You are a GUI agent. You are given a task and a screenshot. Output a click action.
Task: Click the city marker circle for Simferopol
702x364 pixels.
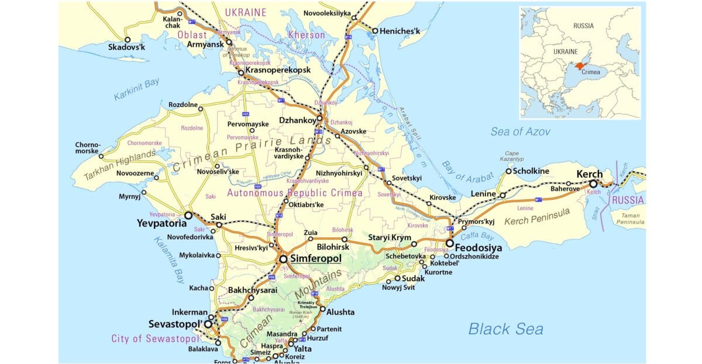point(283,258)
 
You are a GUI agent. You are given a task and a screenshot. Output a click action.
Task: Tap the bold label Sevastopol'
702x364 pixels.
point(175,323)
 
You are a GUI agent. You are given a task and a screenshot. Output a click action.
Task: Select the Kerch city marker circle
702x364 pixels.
point(593,183)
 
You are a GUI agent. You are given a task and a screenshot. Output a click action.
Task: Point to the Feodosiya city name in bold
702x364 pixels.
point(479,247)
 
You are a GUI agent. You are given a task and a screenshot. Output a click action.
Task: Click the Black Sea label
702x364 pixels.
point(505,329)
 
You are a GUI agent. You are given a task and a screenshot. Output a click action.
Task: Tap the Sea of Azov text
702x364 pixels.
point(520,132)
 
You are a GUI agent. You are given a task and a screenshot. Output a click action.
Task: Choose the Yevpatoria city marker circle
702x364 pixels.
point(188,215)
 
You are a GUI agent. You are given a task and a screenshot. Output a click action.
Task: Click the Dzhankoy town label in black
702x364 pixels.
point(298,120)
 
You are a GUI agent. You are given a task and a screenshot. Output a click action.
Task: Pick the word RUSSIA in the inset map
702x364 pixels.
point(583,26)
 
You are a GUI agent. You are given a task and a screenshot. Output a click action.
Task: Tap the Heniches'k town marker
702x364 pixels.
point(374,31)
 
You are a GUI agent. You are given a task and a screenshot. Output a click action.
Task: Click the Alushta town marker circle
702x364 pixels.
point(322,308)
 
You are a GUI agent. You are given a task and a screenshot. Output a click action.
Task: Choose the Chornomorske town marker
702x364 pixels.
point(101,156)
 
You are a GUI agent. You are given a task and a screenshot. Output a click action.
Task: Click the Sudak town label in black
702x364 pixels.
point(413,279)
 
